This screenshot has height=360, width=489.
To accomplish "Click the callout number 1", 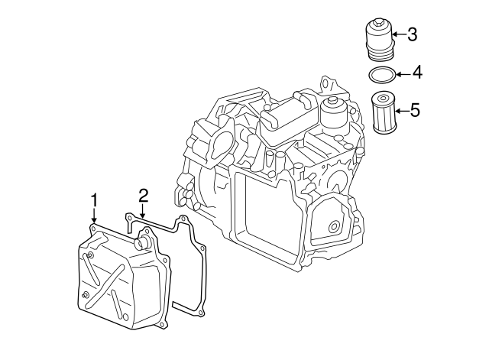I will coord(94,200).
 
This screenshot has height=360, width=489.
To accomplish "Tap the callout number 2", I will coord(143,196).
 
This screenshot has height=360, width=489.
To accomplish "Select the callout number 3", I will coord(412,34).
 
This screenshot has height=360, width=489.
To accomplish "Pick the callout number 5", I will coord(415,110).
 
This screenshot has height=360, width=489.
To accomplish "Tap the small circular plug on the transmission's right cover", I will coord(332,227).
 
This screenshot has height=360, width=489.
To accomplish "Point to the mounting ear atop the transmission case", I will coord(329,83).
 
